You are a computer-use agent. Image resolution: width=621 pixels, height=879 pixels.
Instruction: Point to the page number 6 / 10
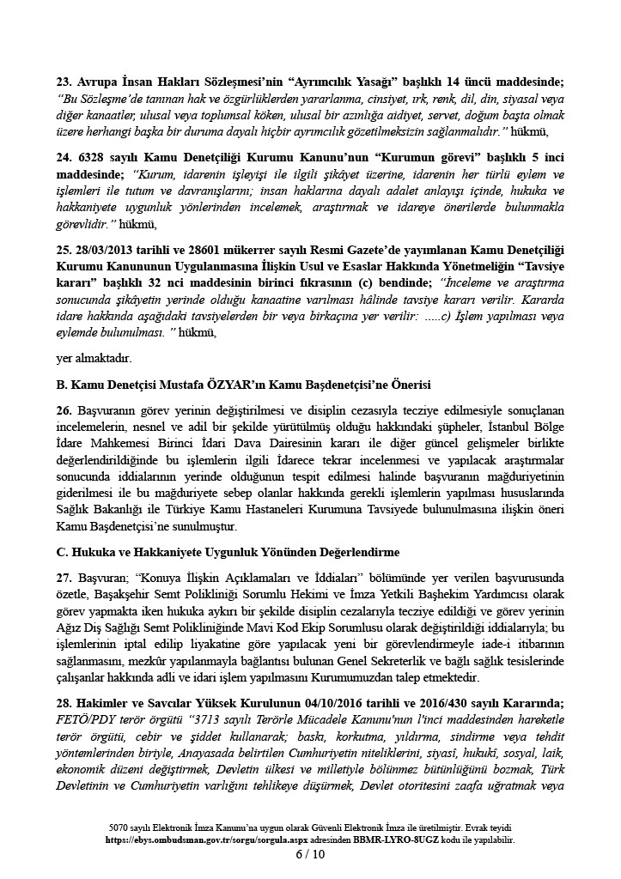pos(310,855)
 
